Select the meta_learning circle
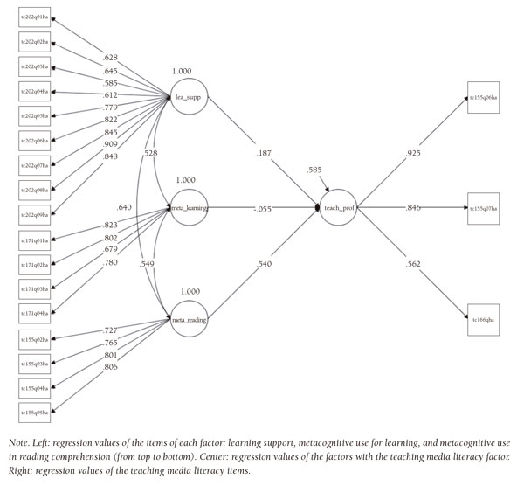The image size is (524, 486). coord(189,210)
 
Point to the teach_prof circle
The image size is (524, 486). coord(337,209)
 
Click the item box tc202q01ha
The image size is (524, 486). coord(35,17)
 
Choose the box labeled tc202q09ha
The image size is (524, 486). coord(35,213)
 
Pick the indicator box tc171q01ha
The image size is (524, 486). coord(35,238)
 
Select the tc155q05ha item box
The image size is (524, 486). coord(35,409)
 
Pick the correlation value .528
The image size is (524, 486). coord(149,152)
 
